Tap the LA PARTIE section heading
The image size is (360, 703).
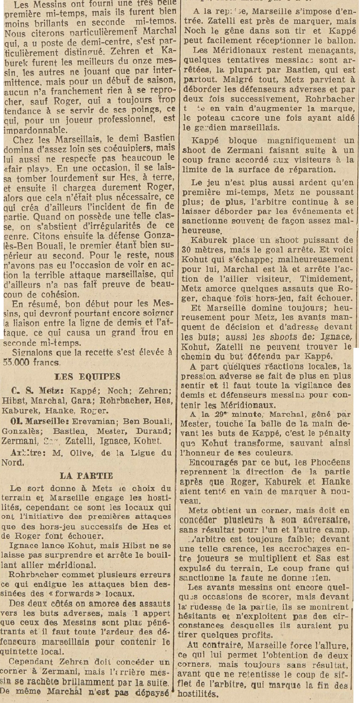87,475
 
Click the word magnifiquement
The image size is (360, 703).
269,140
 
